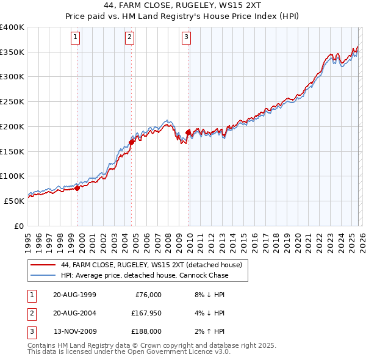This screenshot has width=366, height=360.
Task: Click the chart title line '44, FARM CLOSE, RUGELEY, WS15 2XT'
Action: pyautogui.click(x=183, y=7)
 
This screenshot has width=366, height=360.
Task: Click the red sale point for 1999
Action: pyautogui.click(x=77, y=188)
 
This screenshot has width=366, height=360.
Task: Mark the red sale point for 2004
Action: pyautogui.click(x=132, y=142)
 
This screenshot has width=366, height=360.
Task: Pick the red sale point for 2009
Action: pyautogui.click(x=188, y=132)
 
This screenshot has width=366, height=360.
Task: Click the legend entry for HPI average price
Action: pyautogui.click(x=145, y=275)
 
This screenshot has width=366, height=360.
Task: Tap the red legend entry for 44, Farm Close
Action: pyautogui.click(x=151, y=265)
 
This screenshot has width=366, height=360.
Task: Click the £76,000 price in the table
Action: pyautogui.click(x=147, y=295)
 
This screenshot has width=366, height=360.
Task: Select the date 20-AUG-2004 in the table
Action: pyautogui.click(x=74, y=313)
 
